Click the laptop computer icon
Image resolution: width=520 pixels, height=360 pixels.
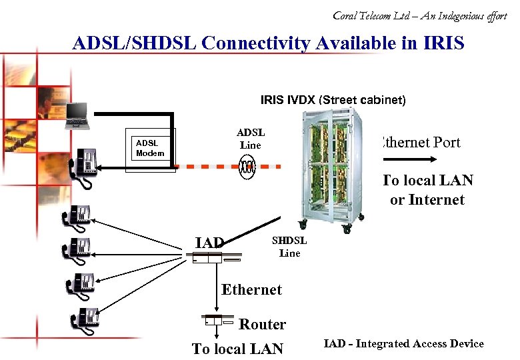tap(78, 116)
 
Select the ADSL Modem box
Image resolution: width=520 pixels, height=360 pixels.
tap(150, 148)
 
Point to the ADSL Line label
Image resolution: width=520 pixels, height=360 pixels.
tap(251, 139)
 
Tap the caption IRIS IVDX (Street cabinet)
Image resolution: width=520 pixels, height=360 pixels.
tap(332, 100)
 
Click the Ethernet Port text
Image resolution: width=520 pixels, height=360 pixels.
tap(420, 142)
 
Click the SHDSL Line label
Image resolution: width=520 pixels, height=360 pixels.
tap(289, 247)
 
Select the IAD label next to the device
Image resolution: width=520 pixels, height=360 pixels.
tap(209, 243)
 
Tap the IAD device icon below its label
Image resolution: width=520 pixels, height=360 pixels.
tap(207, 259)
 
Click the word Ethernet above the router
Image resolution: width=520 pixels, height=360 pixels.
tap(251, 289)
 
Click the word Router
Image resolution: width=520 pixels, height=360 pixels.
tap(262, 324)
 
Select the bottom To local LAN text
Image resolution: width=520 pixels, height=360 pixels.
tap(237, 348)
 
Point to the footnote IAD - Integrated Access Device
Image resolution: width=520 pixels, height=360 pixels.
tap(403, 343)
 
